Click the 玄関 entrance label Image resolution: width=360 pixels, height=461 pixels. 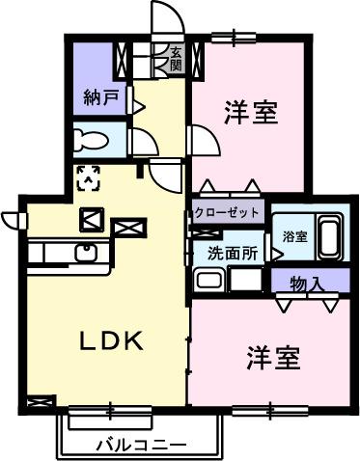click(x=176, y=60)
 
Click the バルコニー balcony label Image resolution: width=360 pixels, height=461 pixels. click(x=141, y=445)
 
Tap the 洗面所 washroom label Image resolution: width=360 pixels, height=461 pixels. click(x=232, y=255)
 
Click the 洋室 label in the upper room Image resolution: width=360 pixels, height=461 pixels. click(x=252, y=112)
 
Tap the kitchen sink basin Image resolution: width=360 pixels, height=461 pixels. click(x=84, y=254)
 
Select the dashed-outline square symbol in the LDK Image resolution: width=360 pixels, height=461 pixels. click(x=89, y=176)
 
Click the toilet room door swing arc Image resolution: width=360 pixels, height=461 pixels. click(x=145, y=143)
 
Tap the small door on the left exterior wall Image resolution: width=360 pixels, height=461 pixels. click(x=13, y=219)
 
